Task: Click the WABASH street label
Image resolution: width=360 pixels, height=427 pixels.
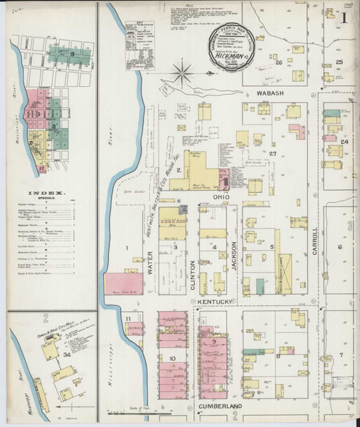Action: click(271, 93)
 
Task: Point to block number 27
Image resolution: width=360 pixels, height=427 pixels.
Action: click(272, 154)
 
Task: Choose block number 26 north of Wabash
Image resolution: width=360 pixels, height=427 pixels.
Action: click(279, 63)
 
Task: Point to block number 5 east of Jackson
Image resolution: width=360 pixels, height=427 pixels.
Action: click(272, 247)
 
